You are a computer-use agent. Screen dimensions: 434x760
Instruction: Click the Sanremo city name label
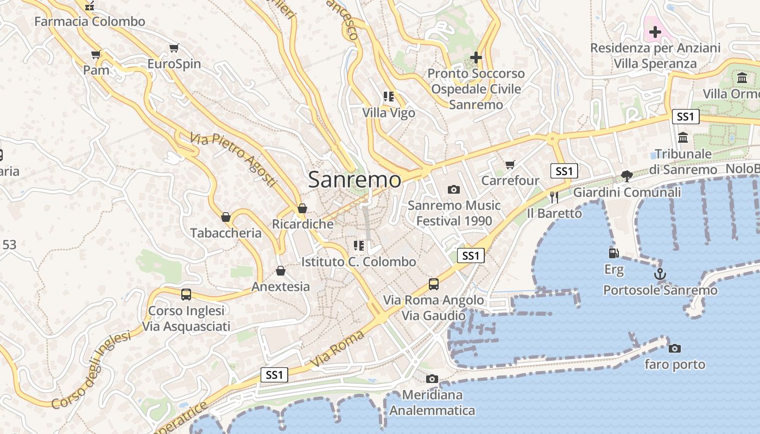click(355, 180)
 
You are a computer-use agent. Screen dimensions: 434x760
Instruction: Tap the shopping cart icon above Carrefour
click(510, 164)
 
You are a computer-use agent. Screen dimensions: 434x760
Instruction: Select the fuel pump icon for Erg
click(613, 253)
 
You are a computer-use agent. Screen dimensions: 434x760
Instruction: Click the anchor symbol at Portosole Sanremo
click(660, 274)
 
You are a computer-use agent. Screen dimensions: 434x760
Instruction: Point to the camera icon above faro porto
click(675, 348)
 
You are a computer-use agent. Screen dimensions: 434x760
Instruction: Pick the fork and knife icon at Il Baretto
click(554, 197)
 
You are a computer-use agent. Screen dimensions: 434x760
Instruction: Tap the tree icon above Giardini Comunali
click(627, 176)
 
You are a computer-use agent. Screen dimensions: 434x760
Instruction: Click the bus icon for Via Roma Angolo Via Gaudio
click(433, 284)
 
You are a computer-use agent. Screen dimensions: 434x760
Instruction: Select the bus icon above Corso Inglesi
click(186, 295)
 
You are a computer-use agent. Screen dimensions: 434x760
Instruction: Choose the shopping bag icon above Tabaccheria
click(226, 217)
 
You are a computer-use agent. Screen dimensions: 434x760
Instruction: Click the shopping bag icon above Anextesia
click(281, 271)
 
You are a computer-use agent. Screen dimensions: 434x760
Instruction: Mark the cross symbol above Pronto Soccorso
click(476, 57)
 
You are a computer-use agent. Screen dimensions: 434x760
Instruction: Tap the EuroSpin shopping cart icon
click(174, 48)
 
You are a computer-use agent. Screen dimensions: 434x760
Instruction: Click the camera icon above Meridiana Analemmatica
click(432, 379)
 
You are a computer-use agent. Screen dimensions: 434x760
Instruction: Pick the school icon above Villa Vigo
click(389, 97)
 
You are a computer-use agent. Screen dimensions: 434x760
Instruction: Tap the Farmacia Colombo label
click(90, 22)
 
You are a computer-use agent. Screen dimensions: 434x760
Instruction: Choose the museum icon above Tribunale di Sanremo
click(683, 138)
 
